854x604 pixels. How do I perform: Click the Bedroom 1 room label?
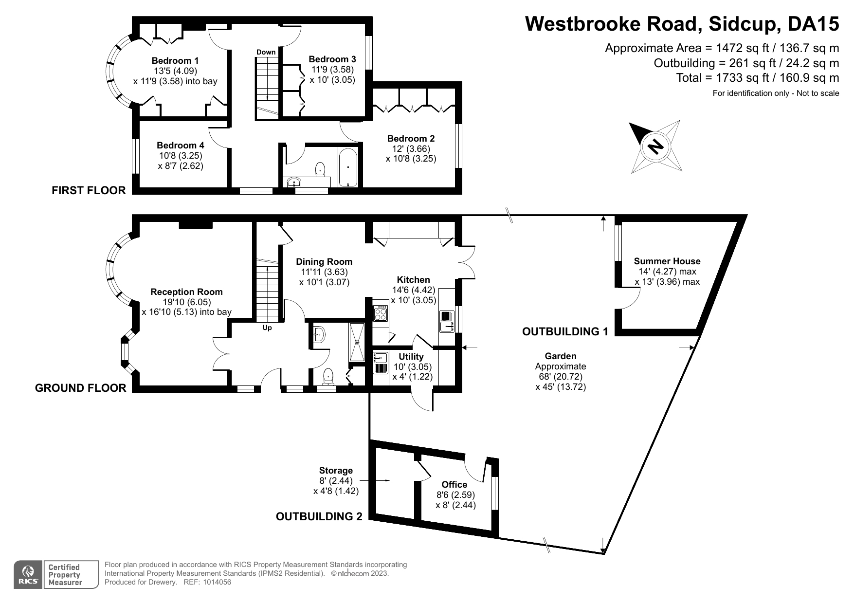click(x=175, y=61)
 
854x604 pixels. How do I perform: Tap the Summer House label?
click(x=667, y=261)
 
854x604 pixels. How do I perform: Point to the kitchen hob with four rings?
click(x=380, y=312)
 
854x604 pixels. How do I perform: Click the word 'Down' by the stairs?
click(x=266, y=52)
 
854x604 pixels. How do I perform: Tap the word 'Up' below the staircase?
click(x=267, y=328)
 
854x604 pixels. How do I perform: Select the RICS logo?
click(x=28, y=574)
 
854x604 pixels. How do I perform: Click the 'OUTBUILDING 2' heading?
click(x=319, y=516)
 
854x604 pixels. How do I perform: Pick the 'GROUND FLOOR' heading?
click(x=81, y=388)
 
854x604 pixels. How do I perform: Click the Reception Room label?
click(x=186, y=292)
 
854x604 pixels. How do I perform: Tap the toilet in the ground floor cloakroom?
click(x=328, y=377)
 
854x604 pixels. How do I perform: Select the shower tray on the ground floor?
click(x=357, y=342)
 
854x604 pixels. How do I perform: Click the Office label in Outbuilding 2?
click(x=454, y=484)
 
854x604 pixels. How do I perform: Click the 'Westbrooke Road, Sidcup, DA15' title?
click(x=682, y=23)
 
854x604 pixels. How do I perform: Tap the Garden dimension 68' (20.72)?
click(x=561, y=377)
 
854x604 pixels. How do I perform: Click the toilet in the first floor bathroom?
click(x=320, y=169)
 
